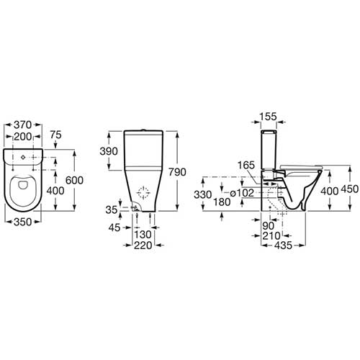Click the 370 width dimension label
pos(23,125)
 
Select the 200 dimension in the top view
pos(23,137)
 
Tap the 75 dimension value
pos(55,135)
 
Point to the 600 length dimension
pos(74,180)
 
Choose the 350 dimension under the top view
pos(23,222)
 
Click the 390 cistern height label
pos(109,151)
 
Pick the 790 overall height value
pos(177,172)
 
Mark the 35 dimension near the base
pos(112,210)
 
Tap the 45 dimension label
pos(114,228)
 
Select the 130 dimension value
pos(143,235)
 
